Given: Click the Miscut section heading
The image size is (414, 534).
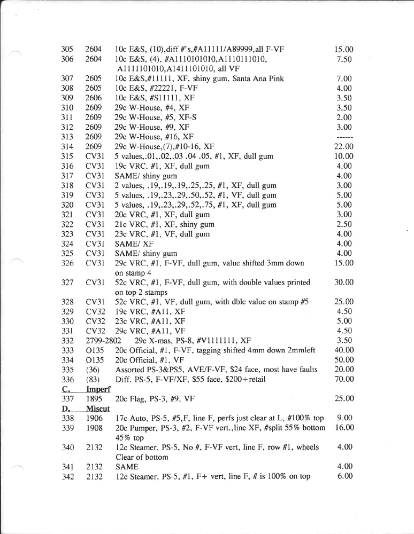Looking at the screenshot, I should click(98, 408).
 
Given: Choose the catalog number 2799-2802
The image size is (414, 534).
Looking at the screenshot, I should click(104, 340).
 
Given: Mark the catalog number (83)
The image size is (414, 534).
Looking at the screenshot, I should click(93, 379).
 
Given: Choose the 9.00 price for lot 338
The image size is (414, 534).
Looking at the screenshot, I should click(345, 418).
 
